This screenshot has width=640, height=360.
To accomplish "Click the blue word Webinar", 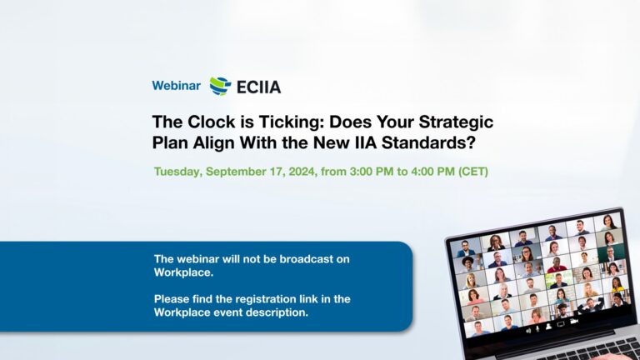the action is coord(177,86).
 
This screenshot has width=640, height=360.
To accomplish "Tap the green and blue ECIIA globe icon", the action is coord(220,86).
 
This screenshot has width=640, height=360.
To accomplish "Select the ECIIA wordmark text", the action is coord(259,87).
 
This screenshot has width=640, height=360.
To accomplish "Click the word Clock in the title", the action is coord(212,122).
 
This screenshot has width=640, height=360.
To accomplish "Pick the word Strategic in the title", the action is coord(456,122).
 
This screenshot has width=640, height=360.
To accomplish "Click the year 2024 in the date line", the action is coord(302,172).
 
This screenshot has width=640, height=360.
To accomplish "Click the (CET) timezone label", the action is coord(473,172).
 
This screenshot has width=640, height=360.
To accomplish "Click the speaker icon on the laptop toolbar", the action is coord(528,331).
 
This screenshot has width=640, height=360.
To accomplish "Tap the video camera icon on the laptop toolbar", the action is coord(574,322).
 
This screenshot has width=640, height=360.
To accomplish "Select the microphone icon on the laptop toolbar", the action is coord(538,329).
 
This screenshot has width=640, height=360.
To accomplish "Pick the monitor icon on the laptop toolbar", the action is coord(561,324).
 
